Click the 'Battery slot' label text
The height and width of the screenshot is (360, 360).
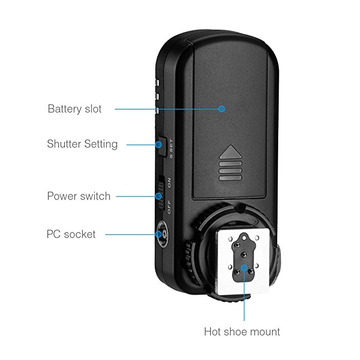click(x=75, y=109)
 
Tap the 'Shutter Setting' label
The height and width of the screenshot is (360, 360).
click(x=82, y=144)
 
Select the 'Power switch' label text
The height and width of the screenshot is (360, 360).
click(x=79, y=196)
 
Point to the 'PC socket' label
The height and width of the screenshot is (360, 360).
click(x=71, y=234)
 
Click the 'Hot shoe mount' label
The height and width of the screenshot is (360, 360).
click(x=242, y=332)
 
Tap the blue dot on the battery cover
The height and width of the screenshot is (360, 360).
click(x=222, y=109)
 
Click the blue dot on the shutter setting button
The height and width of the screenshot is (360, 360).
click(x=158, y=145)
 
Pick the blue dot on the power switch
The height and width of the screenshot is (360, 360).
click(x=158, y=196)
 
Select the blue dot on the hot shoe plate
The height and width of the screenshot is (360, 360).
click(x=244, y=268)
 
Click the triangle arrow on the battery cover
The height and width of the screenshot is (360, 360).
click(x=230, y=152)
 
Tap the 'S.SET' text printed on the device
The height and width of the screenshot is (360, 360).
click(x=171, y=149)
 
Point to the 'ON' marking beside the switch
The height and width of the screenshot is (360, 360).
click(x=169, y=183)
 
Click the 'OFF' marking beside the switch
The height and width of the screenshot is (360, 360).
click(x=169, y=207)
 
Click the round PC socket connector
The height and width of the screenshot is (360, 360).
click(x=163, y=234)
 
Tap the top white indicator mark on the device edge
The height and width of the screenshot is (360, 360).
click(x=157, y=83)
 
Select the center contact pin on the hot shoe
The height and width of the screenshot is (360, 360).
click(x=244, y=255)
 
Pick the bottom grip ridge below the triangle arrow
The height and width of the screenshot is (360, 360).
click(x=230, y=178)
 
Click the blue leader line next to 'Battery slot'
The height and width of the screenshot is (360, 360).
click(x=167, y=109)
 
